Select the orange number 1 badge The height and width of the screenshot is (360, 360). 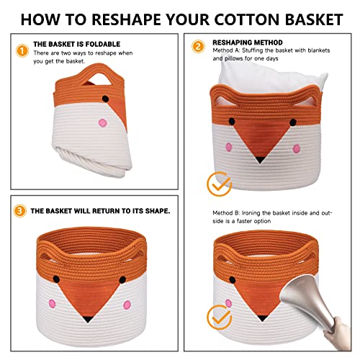22,51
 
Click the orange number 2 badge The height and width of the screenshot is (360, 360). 198,47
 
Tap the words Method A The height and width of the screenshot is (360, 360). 225,52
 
